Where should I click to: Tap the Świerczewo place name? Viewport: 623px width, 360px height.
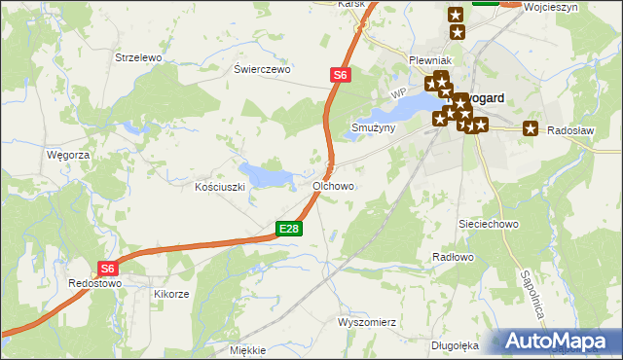point(263,70)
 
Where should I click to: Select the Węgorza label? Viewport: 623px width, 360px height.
point(68,155)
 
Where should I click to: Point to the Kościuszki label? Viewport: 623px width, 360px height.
point(219,186)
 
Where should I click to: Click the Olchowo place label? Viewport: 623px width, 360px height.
point(333,185)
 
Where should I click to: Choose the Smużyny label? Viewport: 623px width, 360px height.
point(373,127)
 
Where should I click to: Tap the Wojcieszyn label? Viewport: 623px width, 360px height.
point(550,7)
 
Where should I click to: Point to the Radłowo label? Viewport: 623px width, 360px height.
point(452,257)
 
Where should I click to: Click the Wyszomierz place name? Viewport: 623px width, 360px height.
point(365,321)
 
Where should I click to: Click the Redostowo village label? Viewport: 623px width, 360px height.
point(94,283)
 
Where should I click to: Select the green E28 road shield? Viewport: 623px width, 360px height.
point(289,229)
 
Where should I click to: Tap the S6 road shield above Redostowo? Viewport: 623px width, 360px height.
point(108,269)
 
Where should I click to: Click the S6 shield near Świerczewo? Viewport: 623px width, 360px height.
point(339,74)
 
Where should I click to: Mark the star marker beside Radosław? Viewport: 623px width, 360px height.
point(531,128)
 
